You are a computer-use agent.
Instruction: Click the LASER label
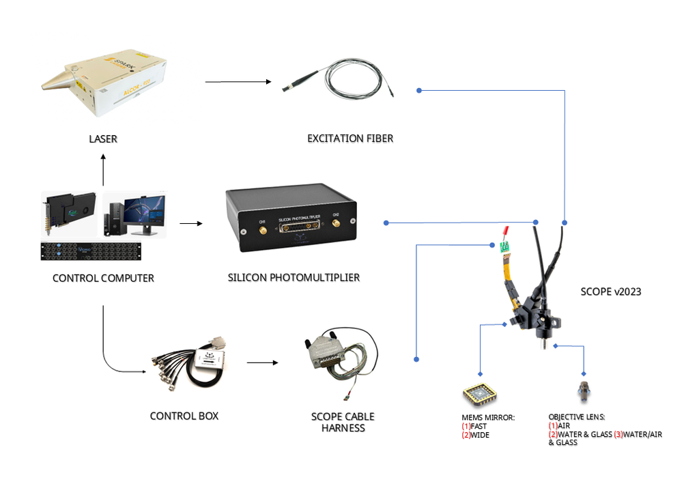click(x=103, y=139)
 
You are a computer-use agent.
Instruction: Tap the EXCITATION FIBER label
click(x=350, y=139)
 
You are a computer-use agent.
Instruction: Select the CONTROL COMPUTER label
click(x=103, y=279)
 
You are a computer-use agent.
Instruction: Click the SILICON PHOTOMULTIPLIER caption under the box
click(x=294, y=278)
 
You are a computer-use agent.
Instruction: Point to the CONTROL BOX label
click(x=184, y=416)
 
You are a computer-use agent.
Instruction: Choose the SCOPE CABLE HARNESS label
click(x=343, y=423)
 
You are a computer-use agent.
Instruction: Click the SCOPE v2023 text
click(x=610, y=291)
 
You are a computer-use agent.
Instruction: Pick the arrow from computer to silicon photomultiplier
click(x=191, y=224)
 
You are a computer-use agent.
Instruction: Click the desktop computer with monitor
click(x=134, y=214)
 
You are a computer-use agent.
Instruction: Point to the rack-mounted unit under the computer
click(x=102, y=251)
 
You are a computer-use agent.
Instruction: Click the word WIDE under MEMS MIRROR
click(x=480, y=435)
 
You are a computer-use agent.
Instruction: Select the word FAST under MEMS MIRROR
click(x=479, y=426)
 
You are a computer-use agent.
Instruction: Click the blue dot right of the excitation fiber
click(x=419, y=90)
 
